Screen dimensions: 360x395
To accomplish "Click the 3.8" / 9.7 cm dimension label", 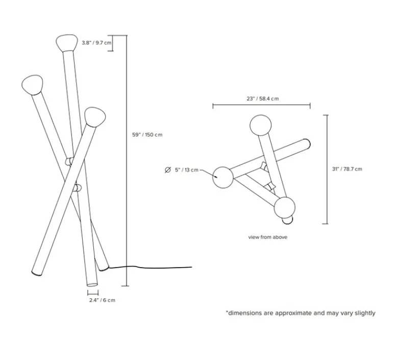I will point(96,43).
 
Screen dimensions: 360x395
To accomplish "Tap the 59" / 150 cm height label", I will point(147,135).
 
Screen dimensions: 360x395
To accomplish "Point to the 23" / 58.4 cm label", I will point(261,99).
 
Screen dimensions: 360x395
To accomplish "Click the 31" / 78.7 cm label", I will point(347,169).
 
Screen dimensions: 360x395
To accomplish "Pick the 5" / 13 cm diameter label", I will point(187,170).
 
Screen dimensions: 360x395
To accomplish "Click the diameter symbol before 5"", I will point(167,170).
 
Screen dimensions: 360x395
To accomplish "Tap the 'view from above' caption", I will point(267,237).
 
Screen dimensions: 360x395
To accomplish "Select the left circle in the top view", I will point(223,177).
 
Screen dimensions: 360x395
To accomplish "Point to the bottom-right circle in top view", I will point(284,207).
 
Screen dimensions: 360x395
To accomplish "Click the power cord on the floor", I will point(153,267).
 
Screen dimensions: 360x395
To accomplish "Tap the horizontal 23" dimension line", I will point(261,106).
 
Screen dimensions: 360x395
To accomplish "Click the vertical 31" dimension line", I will point(327,169).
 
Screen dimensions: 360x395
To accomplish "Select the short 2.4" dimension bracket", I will point(92,293).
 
